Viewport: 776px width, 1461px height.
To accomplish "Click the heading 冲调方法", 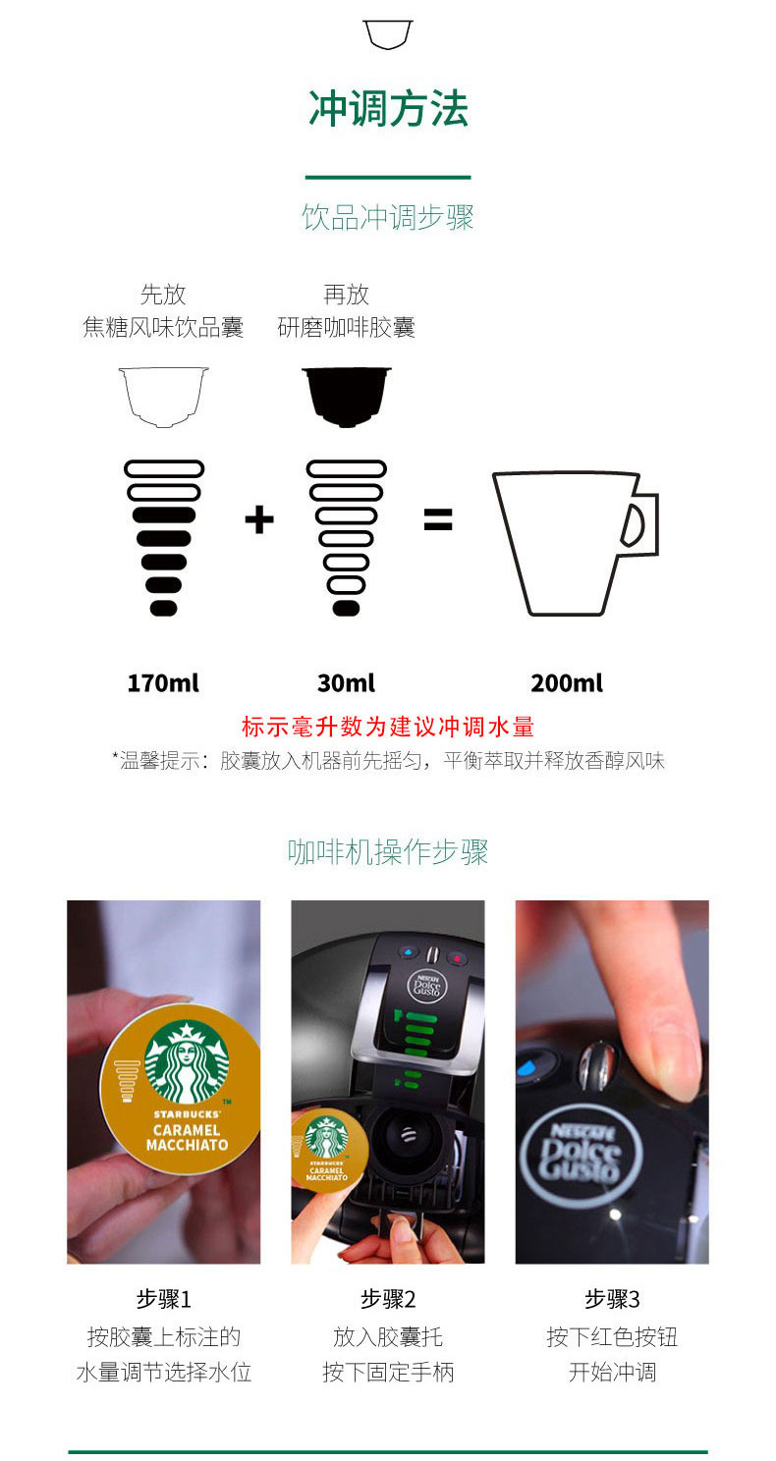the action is [x=388, y=108].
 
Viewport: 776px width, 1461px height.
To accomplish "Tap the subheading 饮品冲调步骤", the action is [x=388, y=217].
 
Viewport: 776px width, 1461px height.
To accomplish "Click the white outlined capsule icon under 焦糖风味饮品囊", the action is [x=163, y=397].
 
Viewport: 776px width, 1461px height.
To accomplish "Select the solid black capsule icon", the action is [x=346, y=397].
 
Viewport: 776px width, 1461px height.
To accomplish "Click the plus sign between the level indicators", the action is [x=259, y=519].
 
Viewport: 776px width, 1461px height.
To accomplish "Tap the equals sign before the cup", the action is [x=438, y=519].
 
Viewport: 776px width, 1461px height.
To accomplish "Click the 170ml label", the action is [x=163, y=683].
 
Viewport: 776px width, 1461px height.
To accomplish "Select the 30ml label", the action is [x=346, y=683].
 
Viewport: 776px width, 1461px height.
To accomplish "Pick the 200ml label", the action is [x=567, y=683].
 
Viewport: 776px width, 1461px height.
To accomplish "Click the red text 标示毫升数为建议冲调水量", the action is [x=388, y=727].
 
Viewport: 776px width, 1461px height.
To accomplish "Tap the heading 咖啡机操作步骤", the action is [x=388, y=852].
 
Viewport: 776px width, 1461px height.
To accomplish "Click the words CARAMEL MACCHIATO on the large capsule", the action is [x=187, y=1138].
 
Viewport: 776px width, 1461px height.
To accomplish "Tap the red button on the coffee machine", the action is [x=456, y=958].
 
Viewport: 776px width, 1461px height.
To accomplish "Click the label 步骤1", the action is [x=163, y=1299].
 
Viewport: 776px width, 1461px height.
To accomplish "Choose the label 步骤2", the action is [x=388, y=1299].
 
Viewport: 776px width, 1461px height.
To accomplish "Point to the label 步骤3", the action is [x=612, y=1299].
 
